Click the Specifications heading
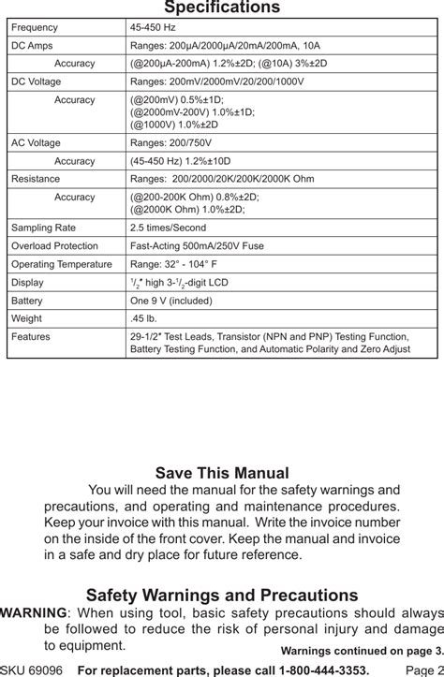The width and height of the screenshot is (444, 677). [x=222, y=8]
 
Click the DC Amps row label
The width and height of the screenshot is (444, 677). [x=32, y=46]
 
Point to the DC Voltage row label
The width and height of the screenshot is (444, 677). [x=37, y=81]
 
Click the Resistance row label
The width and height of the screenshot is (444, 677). [x=35, y=179]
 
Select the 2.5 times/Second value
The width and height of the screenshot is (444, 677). [x=168, y=228]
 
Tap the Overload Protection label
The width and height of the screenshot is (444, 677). [x=54, y=245]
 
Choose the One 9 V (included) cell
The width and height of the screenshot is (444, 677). [x=171, y=301]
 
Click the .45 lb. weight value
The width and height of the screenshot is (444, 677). [x=143, y=318]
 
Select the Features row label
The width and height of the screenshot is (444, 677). [x=31, y=336]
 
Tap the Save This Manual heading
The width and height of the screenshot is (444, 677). [x=222, y=474]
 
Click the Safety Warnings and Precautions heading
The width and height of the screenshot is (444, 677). [x=222, y=595]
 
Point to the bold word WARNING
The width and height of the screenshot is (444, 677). [x=33, y=612]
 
